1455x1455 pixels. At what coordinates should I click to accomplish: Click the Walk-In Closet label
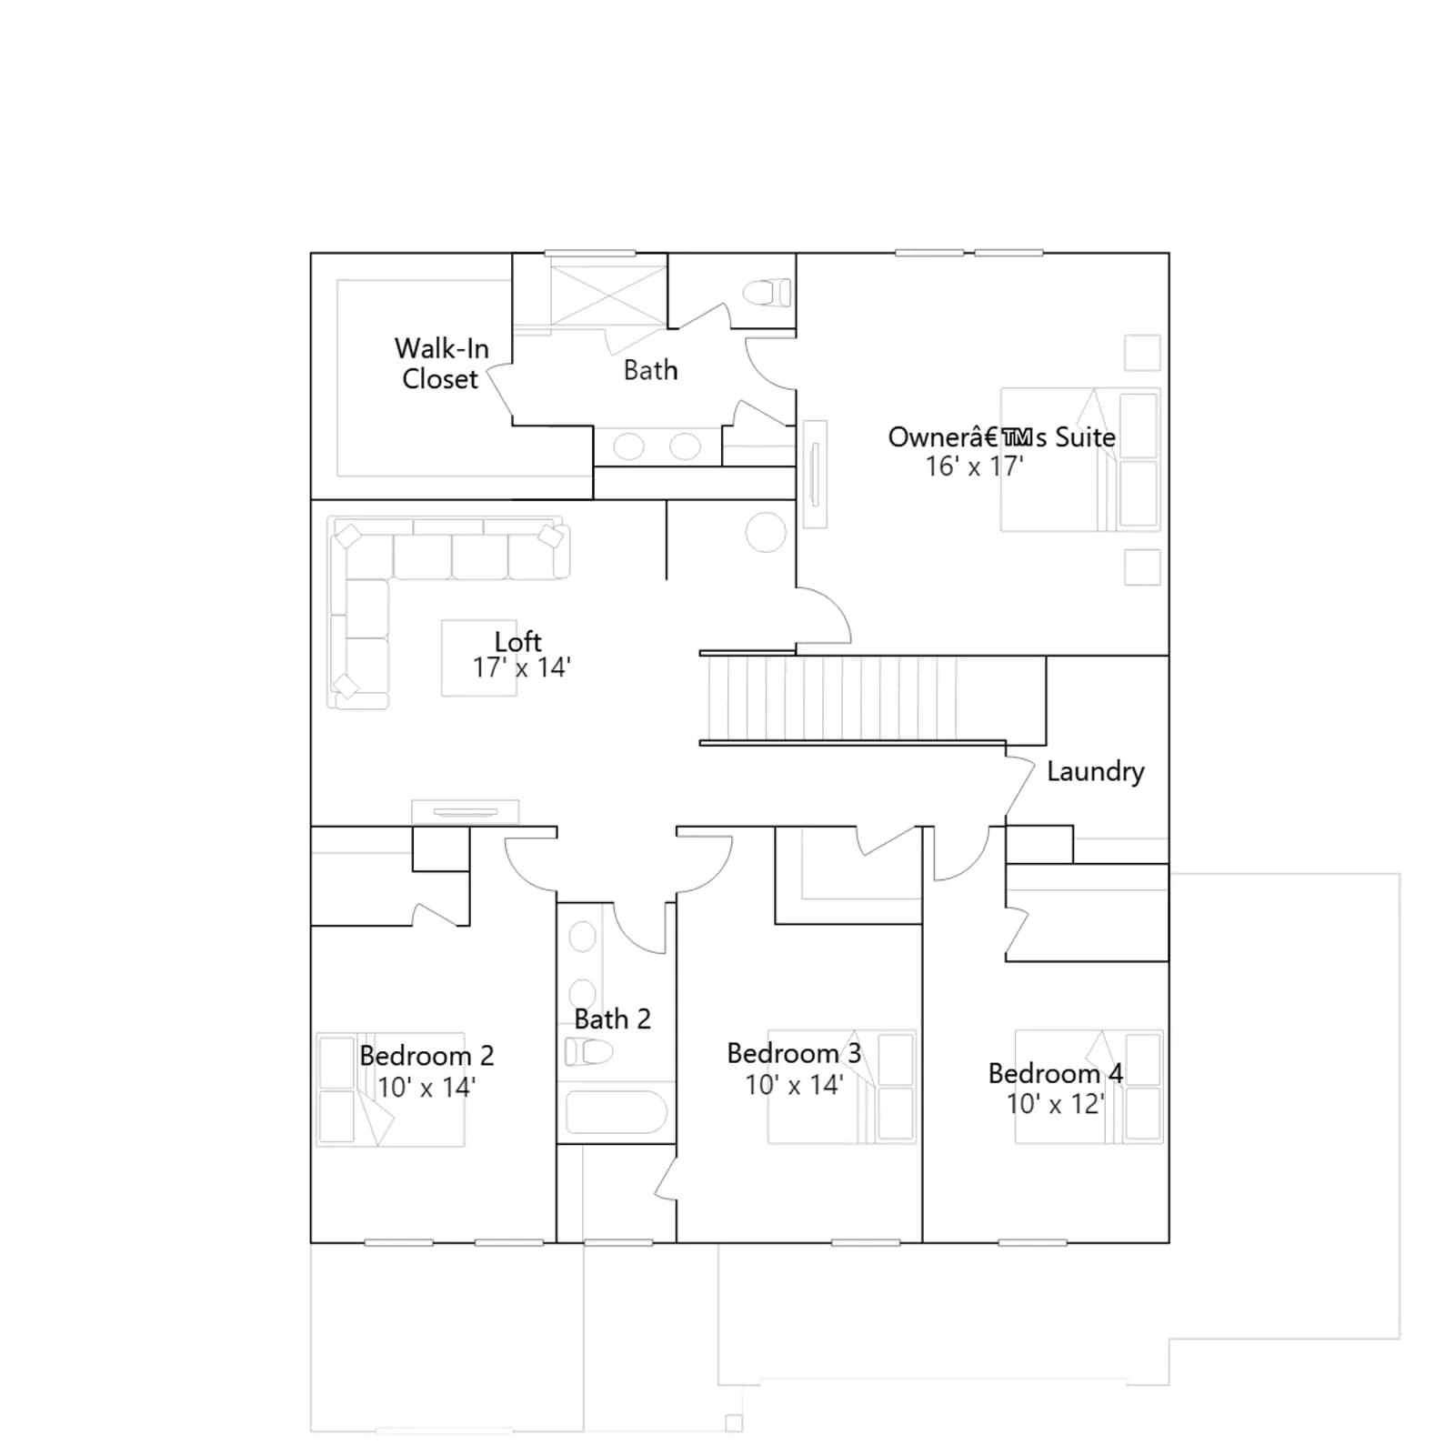coord(441,363)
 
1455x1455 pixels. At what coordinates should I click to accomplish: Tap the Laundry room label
coord(1095,772)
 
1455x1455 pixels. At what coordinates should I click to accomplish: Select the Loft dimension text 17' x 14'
coord(521,667)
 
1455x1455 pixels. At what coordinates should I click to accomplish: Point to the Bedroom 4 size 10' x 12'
coord(1055,1104)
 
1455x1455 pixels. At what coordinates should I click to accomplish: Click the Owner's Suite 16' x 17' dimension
coord(974,467)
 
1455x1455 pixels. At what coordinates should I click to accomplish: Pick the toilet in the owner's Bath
coord(767,293)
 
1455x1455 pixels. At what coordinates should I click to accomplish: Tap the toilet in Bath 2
coord(588,1052)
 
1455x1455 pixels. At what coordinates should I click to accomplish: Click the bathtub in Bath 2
coord(617,1111)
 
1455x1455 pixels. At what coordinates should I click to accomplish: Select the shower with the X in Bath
coord(608,294)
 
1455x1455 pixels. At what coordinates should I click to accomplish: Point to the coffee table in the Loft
coord(478,658)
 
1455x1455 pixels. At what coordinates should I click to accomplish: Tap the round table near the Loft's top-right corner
coord(766,532)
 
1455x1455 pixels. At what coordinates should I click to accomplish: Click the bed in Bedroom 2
coord(390,1089)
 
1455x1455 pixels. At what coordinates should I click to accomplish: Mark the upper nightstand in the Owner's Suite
coord(1142,352)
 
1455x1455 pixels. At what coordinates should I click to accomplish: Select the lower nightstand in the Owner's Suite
coord(1142,567)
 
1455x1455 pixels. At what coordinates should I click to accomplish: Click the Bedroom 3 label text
coord(794,1053)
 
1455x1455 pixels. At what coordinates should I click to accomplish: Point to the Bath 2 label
coord(612,1018)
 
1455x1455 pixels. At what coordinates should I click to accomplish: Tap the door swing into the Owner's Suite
coord(837,605)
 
